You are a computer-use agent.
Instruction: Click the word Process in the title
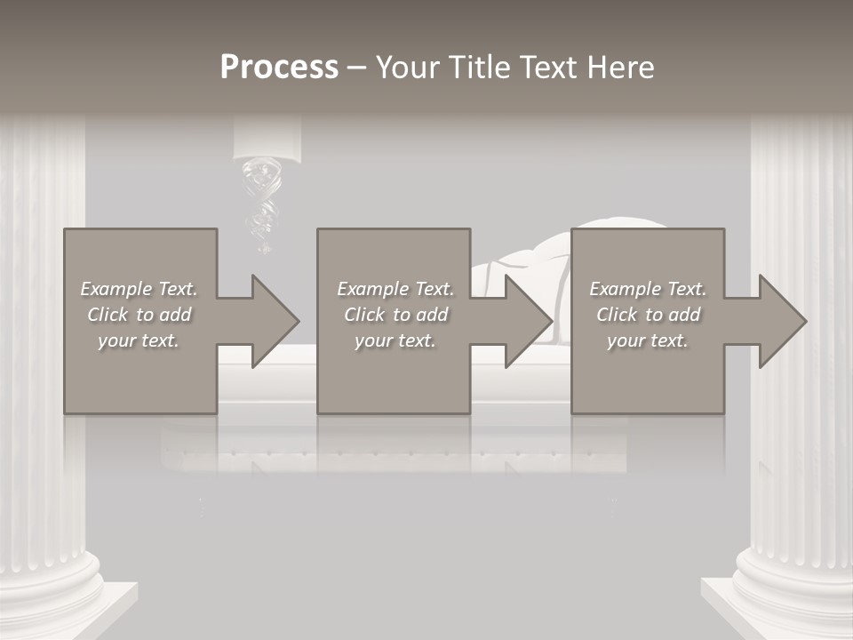tap(279, 68)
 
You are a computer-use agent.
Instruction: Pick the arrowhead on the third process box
tap(781, 321)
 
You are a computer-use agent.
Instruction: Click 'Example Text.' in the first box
tap(139, 289)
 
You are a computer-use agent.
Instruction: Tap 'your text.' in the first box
tap(139, 340)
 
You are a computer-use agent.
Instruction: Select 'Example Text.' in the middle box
tap(395, 289)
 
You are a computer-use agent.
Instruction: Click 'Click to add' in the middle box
tap(395, 315)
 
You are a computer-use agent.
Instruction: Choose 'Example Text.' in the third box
tap(648, 289)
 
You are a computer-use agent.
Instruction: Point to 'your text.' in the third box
tap(648, 340)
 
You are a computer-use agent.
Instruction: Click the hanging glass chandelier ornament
tap(262, 200)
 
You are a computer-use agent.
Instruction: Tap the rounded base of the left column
tap(53, 578)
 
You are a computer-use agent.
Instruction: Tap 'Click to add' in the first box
tap(139, 315)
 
